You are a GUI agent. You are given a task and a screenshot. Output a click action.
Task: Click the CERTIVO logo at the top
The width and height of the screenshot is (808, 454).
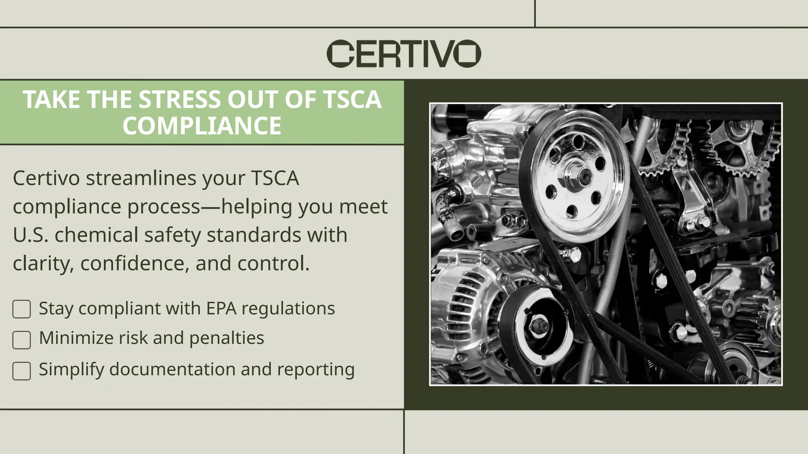(x=404, y=53)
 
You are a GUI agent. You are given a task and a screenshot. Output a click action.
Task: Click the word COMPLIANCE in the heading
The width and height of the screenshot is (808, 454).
(x=202, y=126)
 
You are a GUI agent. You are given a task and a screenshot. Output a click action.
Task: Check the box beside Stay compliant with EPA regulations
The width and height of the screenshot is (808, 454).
(x=22, y=309)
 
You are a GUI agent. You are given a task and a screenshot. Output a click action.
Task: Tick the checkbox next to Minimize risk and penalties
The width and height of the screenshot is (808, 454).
(x=22, y=340)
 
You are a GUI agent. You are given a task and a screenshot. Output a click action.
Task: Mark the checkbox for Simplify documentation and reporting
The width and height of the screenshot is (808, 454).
(x=22, y=371)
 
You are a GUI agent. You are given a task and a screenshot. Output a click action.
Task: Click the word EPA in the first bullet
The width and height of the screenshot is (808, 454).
(x=221, y=308)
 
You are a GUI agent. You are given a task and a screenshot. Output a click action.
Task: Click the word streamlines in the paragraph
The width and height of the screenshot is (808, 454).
(x=141, y=178)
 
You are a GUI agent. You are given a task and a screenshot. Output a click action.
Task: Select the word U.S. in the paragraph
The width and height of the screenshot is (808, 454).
(x=31, y=235)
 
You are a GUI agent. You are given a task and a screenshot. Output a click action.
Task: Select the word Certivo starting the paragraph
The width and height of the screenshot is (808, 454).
(x=46, y=178)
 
